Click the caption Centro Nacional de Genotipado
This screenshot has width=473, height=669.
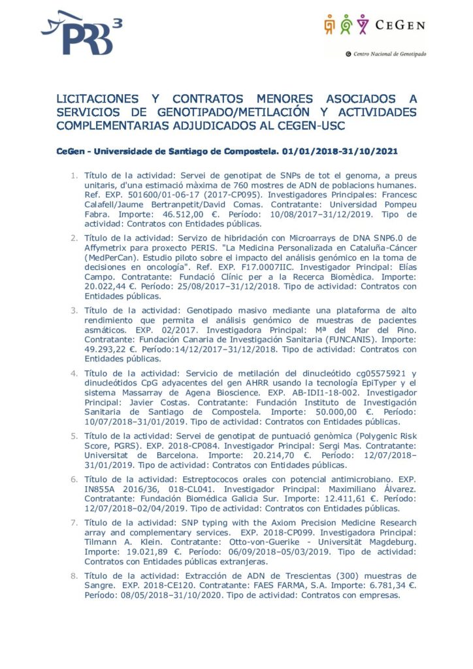[x=389, y=54]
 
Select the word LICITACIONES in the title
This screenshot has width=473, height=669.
[x=97, y=99]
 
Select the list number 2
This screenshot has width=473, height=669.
[x=74, y=235]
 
